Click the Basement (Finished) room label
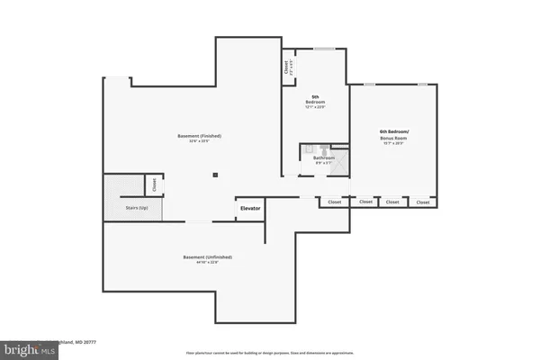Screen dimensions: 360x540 (199, 136)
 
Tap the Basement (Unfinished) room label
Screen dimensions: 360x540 (202, 256)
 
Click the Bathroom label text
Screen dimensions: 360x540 (324, 158)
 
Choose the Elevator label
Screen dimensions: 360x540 (250, 209)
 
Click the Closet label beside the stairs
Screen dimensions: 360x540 (154, 184)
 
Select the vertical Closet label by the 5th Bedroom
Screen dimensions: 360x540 (286, 66)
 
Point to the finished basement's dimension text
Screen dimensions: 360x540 (199, 142)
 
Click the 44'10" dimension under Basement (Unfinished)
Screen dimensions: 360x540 (202, 263)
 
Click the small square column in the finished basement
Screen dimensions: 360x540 (214, 175)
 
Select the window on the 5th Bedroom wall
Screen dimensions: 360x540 (324, 48)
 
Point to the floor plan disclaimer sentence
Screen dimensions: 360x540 (269, 352)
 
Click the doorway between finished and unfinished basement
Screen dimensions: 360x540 (198, 221)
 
